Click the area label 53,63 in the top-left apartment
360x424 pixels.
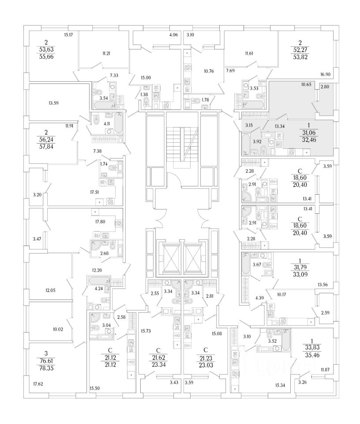pyautogui.click(x=45, y=49)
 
